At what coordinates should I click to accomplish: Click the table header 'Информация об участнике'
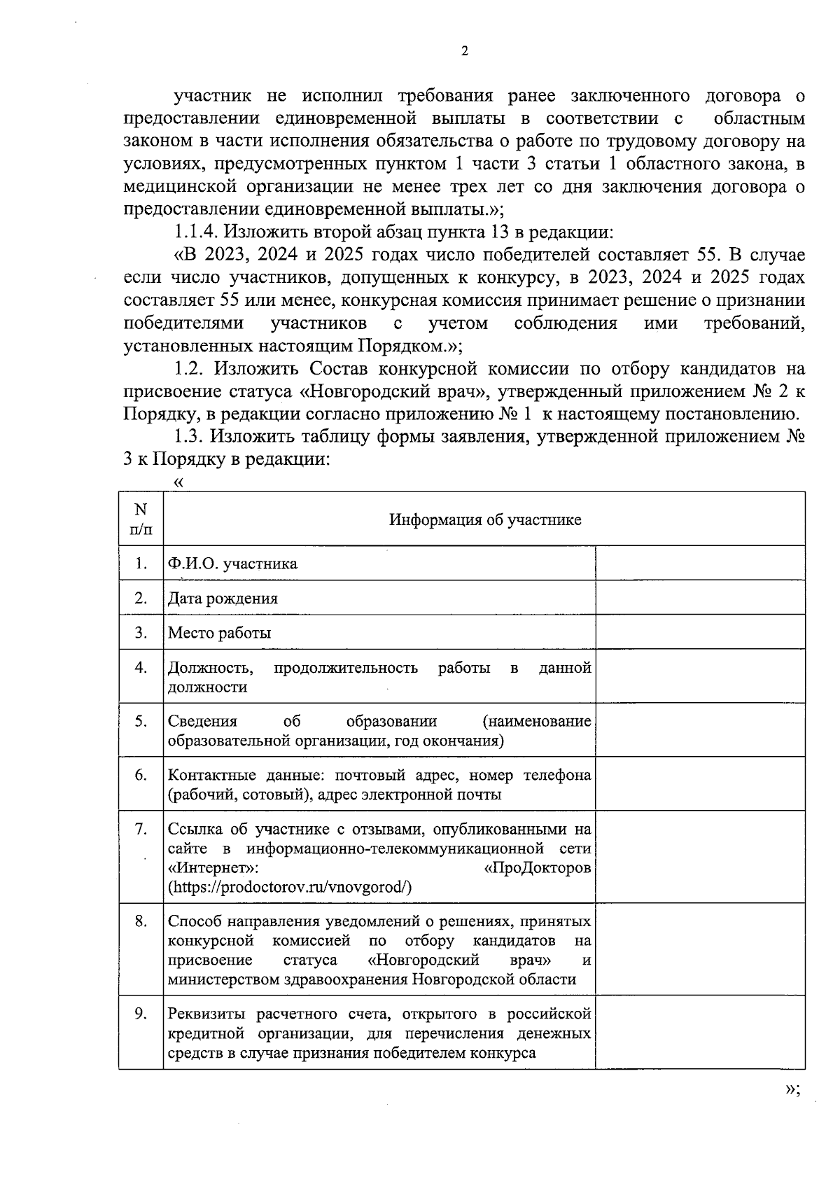[x=484, y=519]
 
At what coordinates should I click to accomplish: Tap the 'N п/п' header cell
[x=141, y=519]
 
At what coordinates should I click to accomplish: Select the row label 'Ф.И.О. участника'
[x=232, y=564]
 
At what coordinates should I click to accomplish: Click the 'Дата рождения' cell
[x=223, y=599]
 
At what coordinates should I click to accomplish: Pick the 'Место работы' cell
[x=219, y=633]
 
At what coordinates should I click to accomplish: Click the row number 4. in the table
[x=141, y=668]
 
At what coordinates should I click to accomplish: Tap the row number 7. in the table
[x=141, y=830]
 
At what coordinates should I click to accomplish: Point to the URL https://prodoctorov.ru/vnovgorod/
[x=290, y=887]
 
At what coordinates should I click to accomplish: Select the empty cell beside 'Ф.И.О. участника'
[x=699, y=563]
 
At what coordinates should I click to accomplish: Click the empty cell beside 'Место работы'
[x=699, y=632]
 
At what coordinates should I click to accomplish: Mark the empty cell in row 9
[x=699, y=1033]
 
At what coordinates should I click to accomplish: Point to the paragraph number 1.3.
[x=189, y=437]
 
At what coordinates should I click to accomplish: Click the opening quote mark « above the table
[x=179, y=482]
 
